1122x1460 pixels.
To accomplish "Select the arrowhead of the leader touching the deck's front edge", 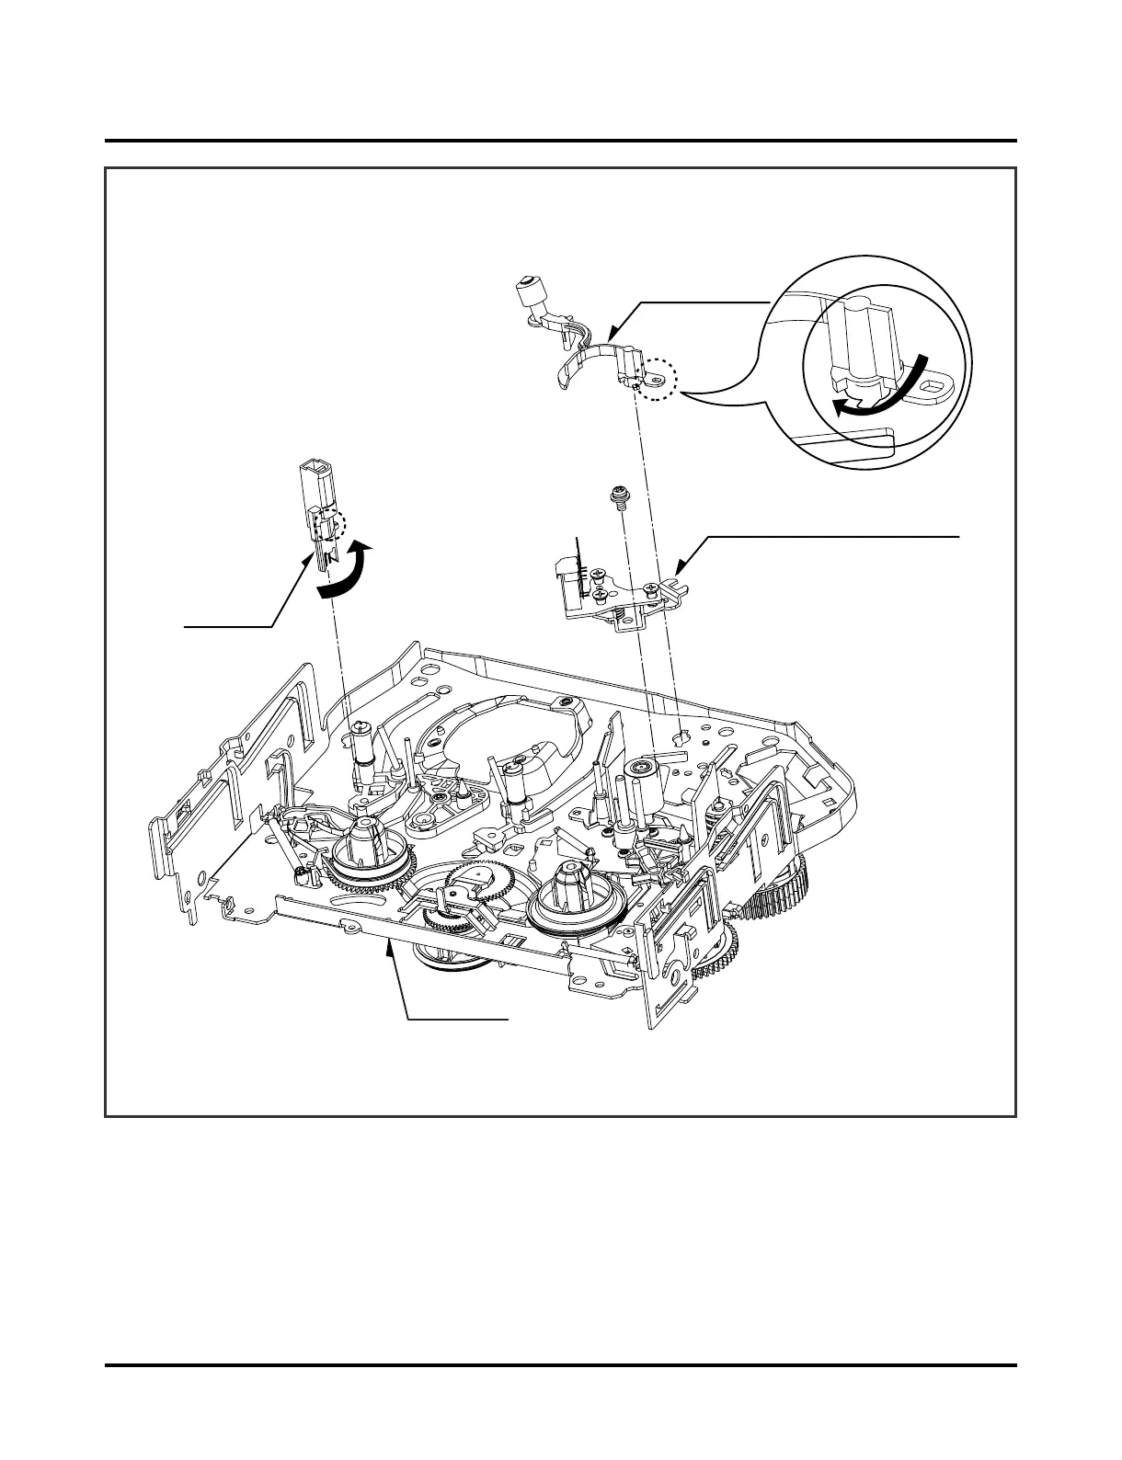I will tap(393, 947).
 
